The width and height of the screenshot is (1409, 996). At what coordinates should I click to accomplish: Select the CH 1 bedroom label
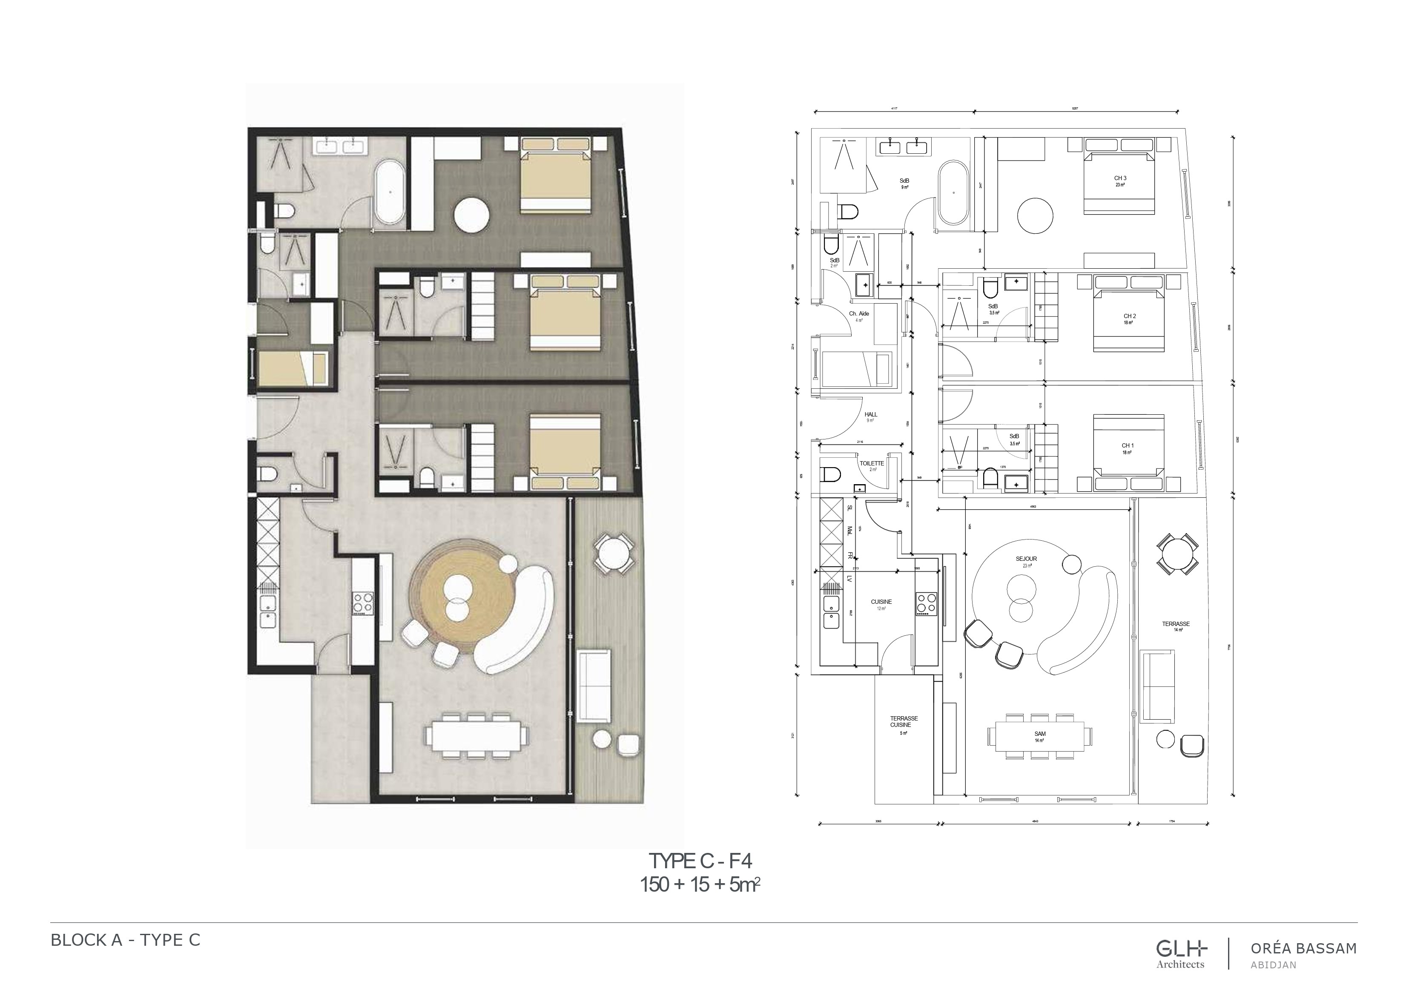[x=1127, y=445]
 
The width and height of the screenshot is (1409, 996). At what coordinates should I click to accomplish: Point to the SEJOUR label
[x=1026, y=559]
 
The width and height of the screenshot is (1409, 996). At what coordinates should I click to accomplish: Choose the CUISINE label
[x=881, y=602]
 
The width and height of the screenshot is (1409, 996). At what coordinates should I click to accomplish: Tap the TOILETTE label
[x=872, y=463]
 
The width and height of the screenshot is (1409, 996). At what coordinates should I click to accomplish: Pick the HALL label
[x=870, y=415]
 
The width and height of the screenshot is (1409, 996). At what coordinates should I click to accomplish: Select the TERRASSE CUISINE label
[x=904, y=722]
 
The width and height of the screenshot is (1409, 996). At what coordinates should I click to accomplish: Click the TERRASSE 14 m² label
[x=1176, y=624]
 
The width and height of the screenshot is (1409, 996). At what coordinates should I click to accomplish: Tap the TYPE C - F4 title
[x=700, y=861]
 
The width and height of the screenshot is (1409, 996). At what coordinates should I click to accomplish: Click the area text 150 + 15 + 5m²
[x=700, y=885]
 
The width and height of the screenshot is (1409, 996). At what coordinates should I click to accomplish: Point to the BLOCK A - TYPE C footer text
[x=125, y=940]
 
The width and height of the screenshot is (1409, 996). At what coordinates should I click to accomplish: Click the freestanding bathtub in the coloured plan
[x=389, y=192]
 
